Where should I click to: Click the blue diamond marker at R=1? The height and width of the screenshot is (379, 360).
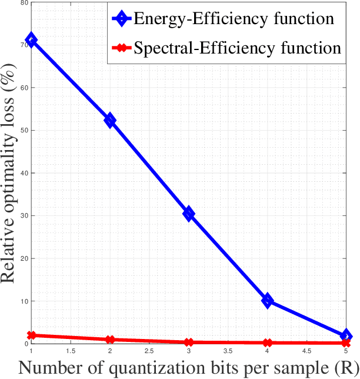click(31, 40)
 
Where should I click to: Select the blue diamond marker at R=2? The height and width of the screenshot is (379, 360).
click(110, 120)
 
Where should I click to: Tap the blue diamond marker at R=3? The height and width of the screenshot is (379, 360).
click(189, 214)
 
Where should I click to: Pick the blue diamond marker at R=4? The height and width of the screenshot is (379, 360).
click(268, 301)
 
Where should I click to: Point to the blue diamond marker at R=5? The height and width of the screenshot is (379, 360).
click(346, 336)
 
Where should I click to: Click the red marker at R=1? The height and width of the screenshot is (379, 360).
click(31, 335)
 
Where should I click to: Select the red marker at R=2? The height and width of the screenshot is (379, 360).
click(110, 340)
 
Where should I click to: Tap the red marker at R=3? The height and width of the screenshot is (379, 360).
click(189, 342)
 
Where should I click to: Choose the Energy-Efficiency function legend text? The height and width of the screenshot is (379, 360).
click(234, 18)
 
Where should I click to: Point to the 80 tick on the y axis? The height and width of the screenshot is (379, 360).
click(23, 3)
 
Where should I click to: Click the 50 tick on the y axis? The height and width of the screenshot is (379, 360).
click(23, 130)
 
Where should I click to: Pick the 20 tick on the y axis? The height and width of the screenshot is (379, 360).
click(23, 258)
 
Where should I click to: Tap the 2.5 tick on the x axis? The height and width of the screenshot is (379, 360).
click(149, 351)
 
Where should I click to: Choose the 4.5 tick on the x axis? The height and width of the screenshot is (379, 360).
click(306, 351)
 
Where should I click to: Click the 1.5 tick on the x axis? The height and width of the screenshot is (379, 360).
click(71, 351)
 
